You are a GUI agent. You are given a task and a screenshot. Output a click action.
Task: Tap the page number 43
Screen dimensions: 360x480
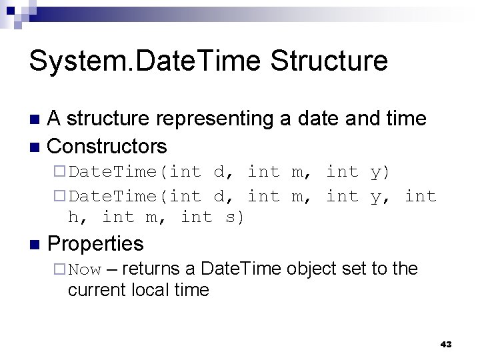tap(446, 344)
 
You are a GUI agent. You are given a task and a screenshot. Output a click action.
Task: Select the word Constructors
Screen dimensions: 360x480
tap(108, 145)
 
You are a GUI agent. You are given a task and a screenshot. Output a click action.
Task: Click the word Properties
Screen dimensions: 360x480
tap(96, 243)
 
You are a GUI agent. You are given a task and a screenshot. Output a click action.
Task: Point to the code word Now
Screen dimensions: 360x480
tap(84, 270)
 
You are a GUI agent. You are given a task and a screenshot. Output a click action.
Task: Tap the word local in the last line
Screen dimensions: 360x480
tap(145, 290)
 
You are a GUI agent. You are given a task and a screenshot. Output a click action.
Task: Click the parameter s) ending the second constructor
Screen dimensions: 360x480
tap(234, 217)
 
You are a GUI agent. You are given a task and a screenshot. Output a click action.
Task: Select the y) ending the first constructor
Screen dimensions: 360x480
tap(379, 172)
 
